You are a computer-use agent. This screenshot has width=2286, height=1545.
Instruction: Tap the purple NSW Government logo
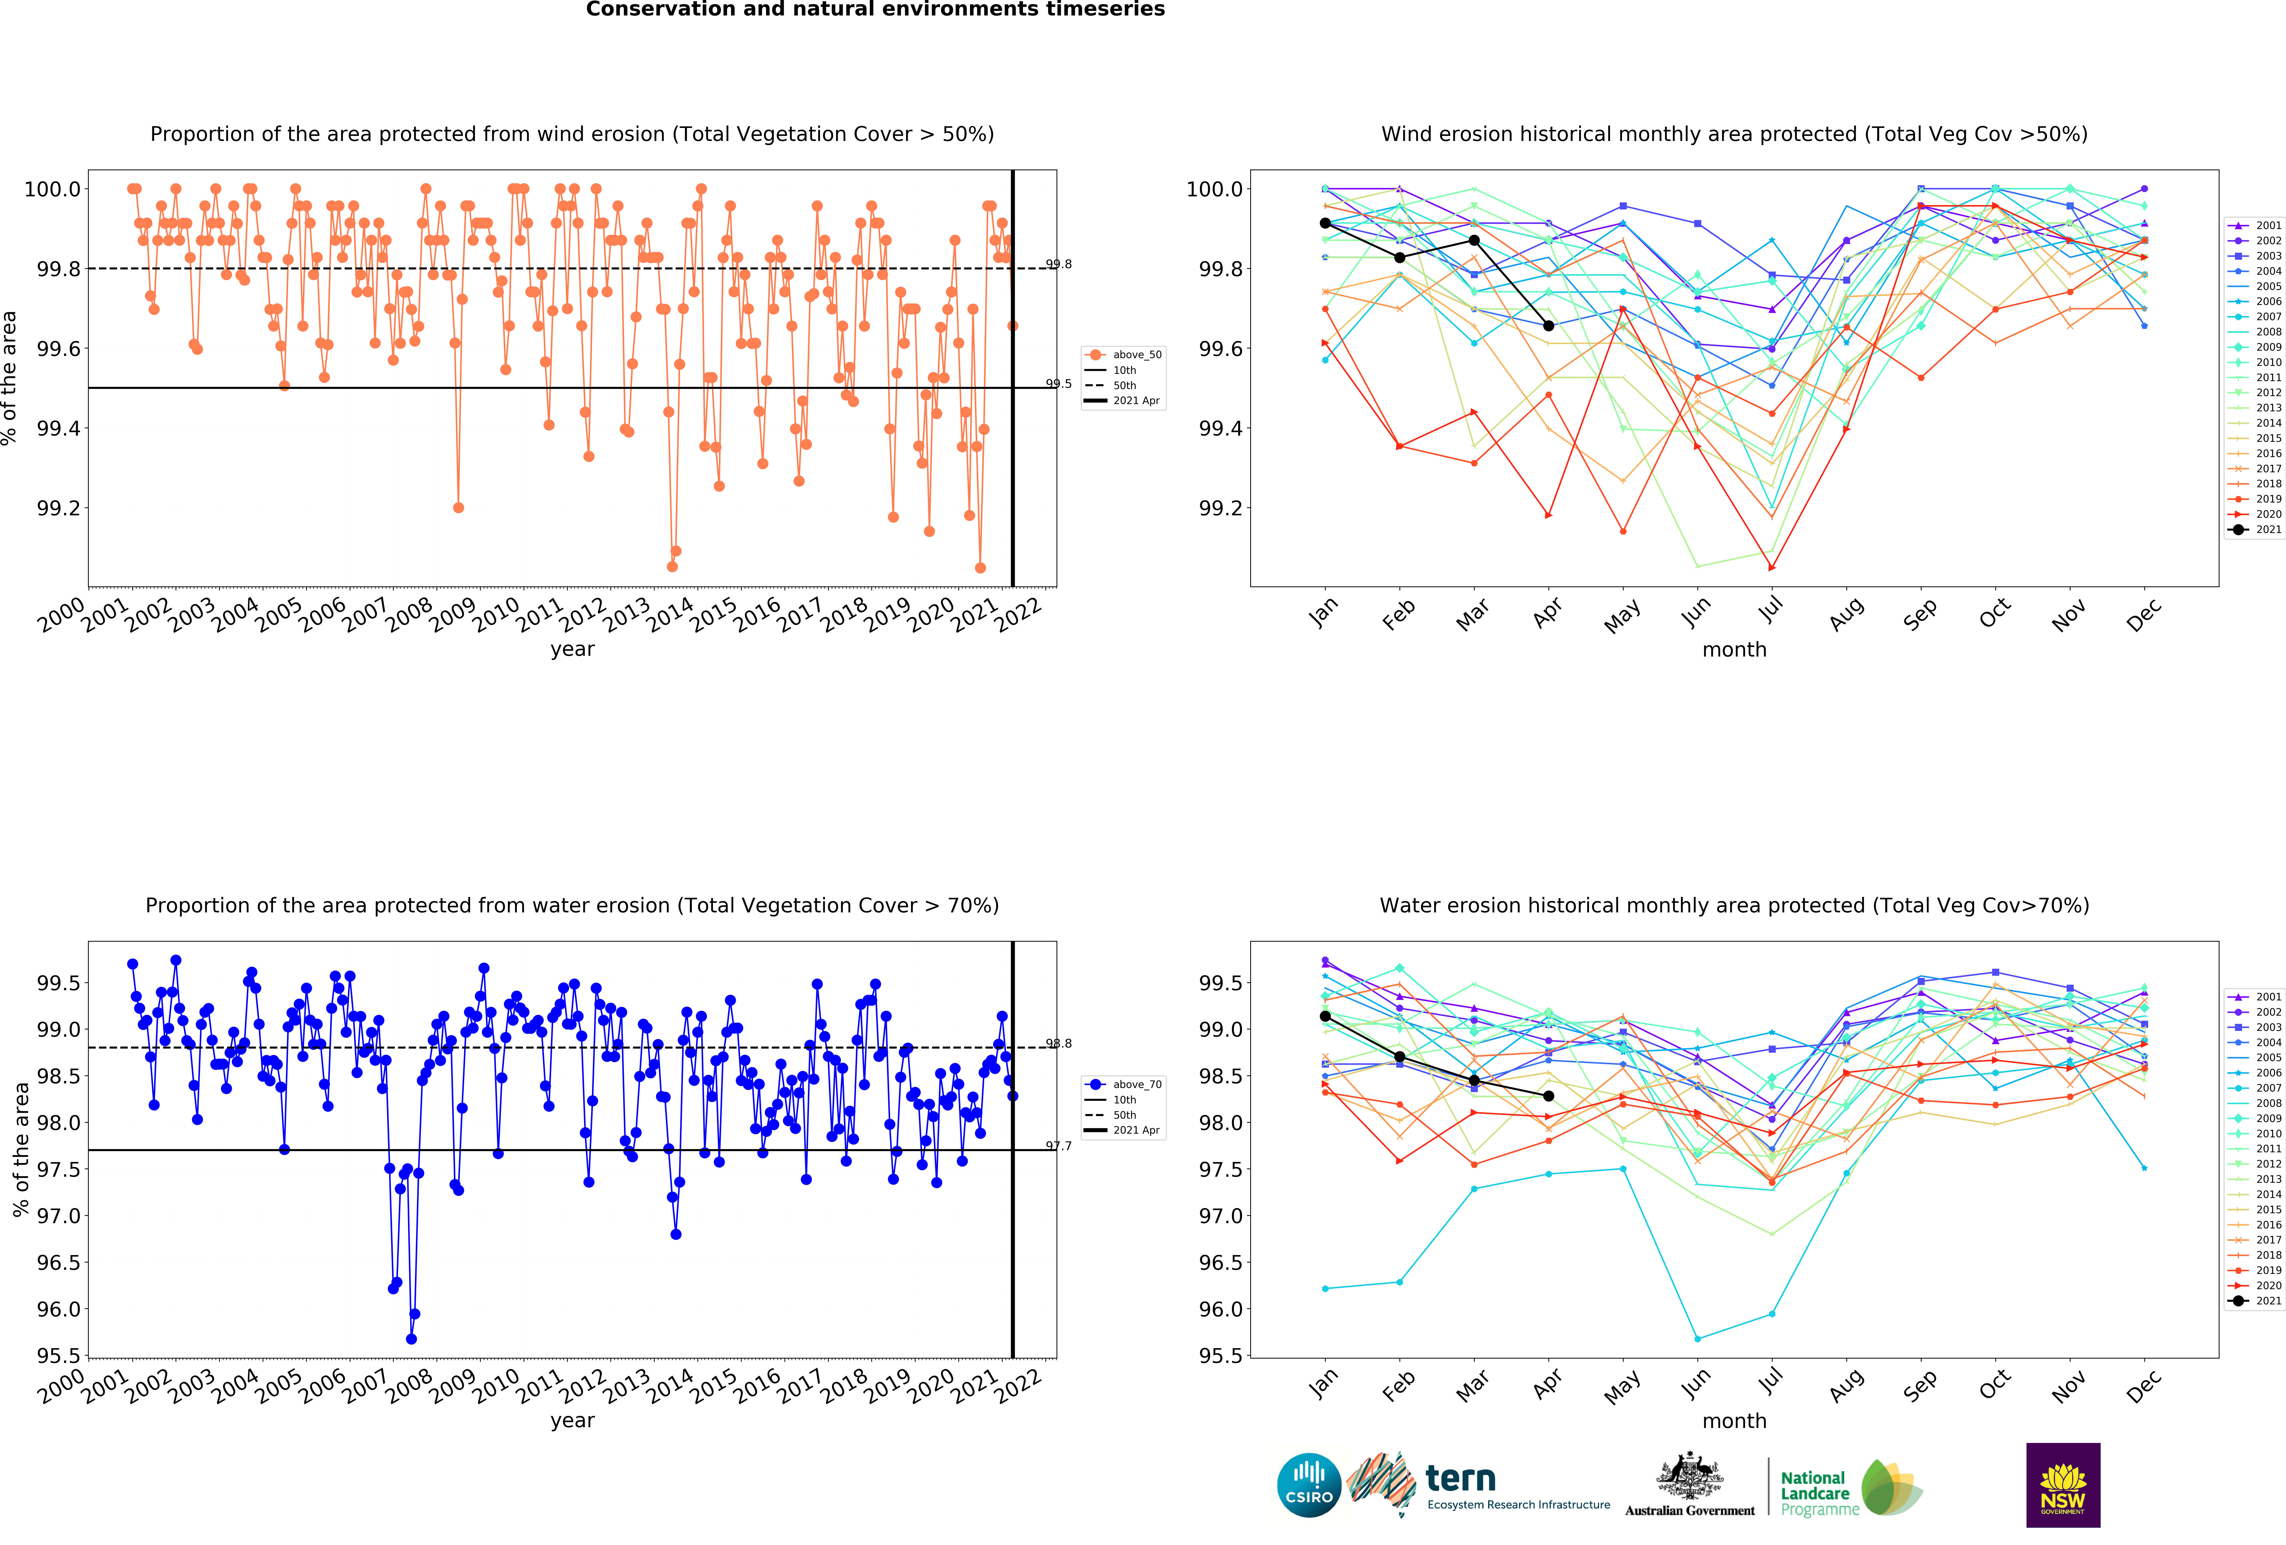(2063, 1485)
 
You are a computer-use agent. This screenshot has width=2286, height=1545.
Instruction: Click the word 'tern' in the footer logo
(1461, 1478)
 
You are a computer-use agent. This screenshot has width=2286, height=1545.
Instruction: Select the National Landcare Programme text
(1815, 1493)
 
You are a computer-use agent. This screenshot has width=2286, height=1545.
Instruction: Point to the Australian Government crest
(1689, 1475)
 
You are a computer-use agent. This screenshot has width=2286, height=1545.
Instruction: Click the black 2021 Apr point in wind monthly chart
(1548, 325)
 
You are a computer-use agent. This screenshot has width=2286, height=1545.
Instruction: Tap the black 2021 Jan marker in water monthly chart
(1325, 1016)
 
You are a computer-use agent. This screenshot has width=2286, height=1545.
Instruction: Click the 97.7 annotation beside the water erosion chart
(1058, 1146)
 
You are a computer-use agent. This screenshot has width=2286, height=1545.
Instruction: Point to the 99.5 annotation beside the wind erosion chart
(1058, 384)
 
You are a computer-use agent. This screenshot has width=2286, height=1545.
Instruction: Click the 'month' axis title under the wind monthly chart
(1734, 650)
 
